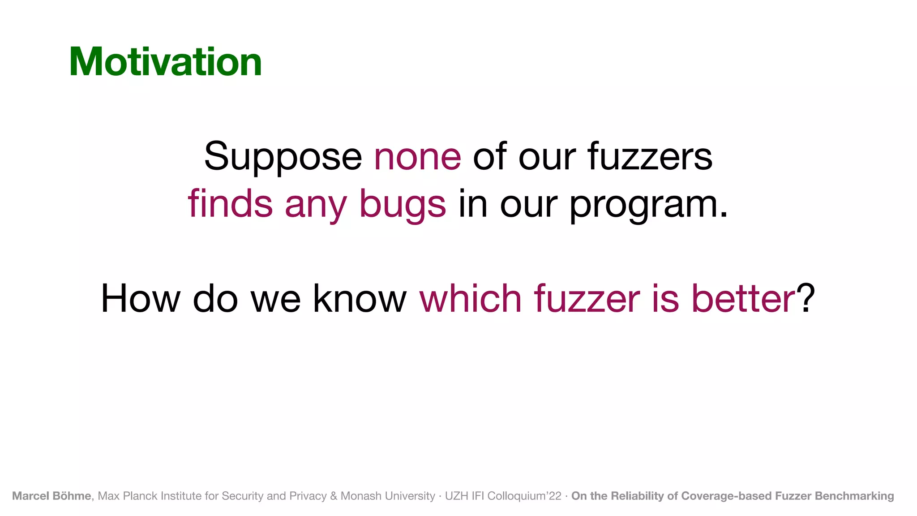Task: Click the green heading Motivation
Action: pos(165,62)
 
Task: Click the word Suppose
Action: pos(283,157)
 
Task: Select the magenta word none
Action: pos(417,157)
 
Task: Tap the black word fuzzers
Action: pos(650,157)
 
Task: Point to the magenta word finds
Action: pos(230,204)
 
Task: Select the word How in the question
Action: pos(140,298)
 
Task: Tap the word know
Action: pos(360,298)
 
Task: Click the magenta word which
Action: pos(471,298)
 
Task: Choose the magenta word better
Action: pos(743,298)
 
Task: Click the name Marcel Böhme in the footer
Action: pos(51,496)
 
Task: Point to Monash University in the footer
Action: pos(388,496)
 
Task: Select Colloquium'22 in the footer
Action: pos(524,496)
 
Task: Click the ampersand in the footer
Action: pos(334,496)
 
